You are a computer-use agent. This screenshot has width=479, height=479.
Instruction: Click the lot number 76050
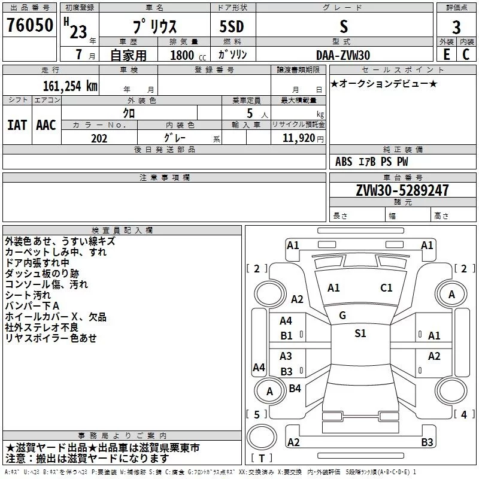(x=29, y=26)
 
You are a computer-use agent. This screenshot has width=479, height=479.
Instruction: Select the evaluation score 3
(x=456, y=27)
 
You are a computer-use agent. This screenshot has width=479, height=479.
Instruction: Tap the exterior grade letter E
(x=446, y=54)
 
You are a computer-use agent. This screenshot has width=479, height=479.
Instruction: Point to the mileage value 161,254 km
(x=69, y=86)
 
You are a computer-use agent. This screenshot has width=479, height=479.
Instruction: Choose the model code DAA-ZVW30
(x=343, y=55)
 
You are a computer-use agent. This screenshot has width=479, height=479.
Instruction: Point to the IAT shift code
(x=17, y=125)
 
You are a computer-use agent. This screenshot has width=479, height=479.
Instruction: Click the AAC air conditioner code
(x=46, y=125)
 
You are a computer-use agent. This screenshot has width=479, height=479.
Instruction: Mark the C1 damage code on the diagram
(x=386, y=288)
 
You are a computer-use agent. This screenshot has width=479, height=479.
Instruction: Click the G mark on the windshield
(x=342, y=315)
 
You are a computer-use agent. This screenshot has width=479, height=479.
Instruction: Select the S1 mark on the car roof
(x=360, y=334)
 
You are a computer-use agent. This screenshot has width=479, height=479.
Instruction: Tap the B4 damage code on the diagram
(x=295, y=388)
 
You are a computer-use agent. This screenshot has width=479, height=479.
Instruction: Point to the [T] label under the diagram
(x=262, y=458)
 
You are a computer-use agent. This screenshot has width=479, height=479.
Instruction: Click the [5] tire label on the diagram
(x=257, y=414)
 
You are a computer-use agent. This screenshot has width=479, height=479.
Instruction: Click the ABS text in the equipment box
(x=344, y=162)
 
